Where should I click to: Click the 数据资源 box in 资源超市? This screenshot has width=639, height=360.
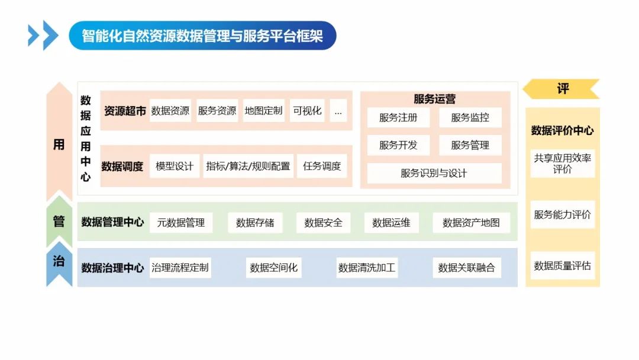(x=170, y=111)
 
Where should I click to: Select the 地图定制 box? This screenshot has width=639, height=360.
(x=263, y=111)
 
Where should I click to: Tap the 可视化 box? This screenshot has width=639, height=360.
(x=307, y=111)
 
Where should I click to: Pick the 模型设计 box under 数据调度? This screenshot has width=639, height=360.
(x=175, y=166)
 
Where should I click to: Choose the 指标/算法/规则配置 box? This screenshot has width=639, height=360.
(x=248, y=166)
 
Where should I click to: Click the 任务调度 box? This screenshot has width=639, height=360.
(x=322, y=166)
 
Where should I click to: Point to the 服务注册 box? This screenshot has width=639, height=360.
(x=398, y=117)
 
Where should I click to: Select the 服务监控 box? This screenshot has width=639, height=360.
(x=470, y=117)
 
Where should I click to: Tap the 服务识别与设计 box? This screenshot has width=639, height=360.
(x=434, y=173)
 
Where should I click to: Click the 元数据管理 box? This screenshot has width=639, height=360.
(x=180, y=223)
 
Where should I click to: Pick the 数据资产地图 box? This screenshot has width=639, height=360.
(x=471, y=223)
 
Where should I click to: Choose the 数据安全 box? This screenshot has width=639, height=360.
(x=323, y=223)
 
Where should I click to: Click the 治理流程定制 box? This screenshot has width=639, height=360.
(x=180, y=268)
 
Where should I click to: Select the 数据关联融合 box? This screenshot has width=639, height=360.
(x=466, y=268)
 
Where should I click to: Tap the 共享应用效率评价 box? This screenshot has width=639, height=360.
(x=562, y=163)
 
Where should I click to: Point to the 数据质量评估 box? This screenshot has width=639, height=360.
(x=562, y=266)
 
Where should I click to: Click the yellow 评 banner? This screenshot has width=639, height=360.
(x=562, y=89)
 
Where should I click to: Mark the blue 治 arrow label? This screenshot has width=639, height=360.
(x=59, y=262)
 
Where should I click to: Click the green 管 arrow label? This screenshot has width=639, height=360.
(x=59, y=221)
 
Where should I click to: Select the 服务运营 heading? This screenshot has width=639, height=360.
(x=434, y=99)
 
